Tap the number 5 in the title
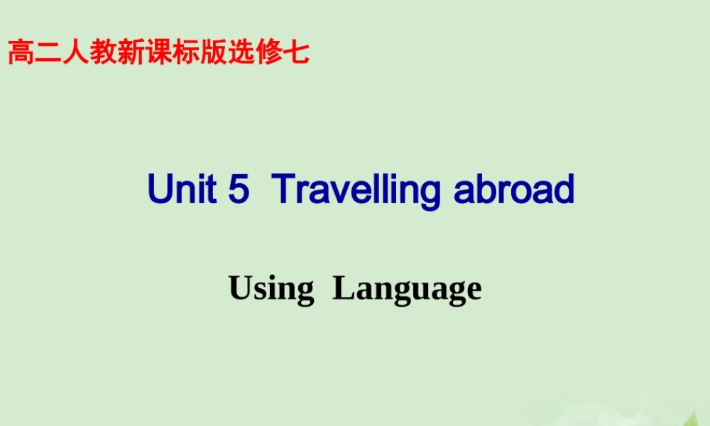pyautogui.click(x=239, y=190)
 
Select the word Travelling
pyautogui.click(x=356, y=191)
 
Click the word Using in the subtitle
pyautogui.click(x=271, y=290)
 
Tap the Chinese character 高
pyautogui.click(x=21, y=53)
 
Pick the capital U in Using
pyautogui.click(x=239, y=288)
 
